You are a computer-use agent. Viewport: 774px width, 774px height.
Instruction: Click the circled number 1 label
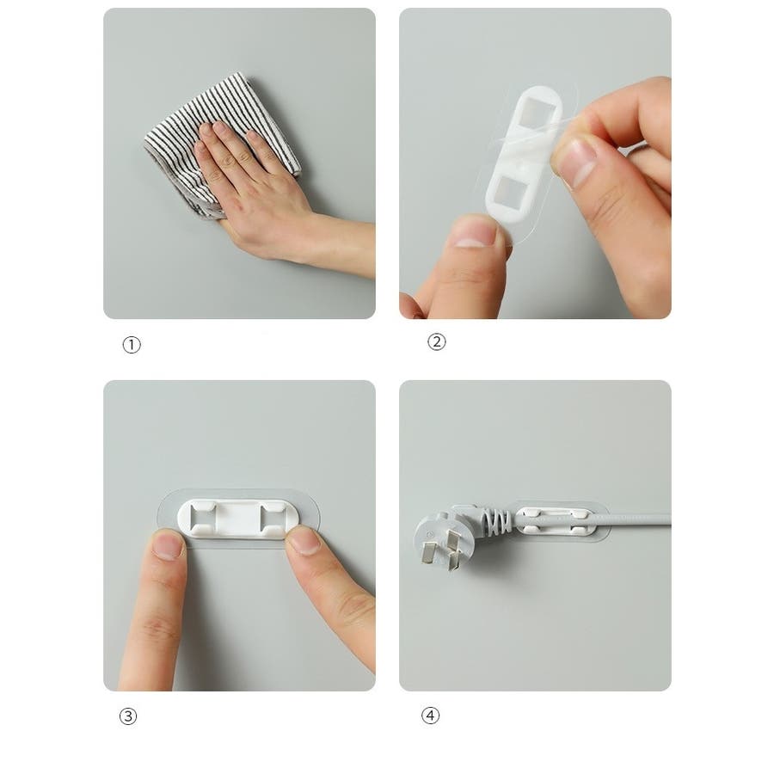tap(132, 345)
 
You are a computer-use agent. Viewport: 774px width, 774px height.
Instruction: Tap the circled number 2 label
tap(436, 341)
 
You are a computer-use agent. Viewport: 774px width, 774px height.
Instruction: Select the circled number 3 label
tap(128, 716)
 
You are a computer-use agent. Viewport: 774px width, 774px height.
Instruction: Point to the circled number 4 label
tap(430, 716)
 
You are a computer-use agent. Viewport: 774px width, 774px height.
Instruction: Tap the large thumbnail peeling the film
tap(576, 162)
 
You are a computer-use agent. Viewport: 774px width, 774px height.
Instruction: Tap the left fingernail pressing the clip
tap(168, 545)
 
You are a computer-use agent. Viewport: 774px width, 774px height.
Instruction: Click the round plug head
tap(442, 539)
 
